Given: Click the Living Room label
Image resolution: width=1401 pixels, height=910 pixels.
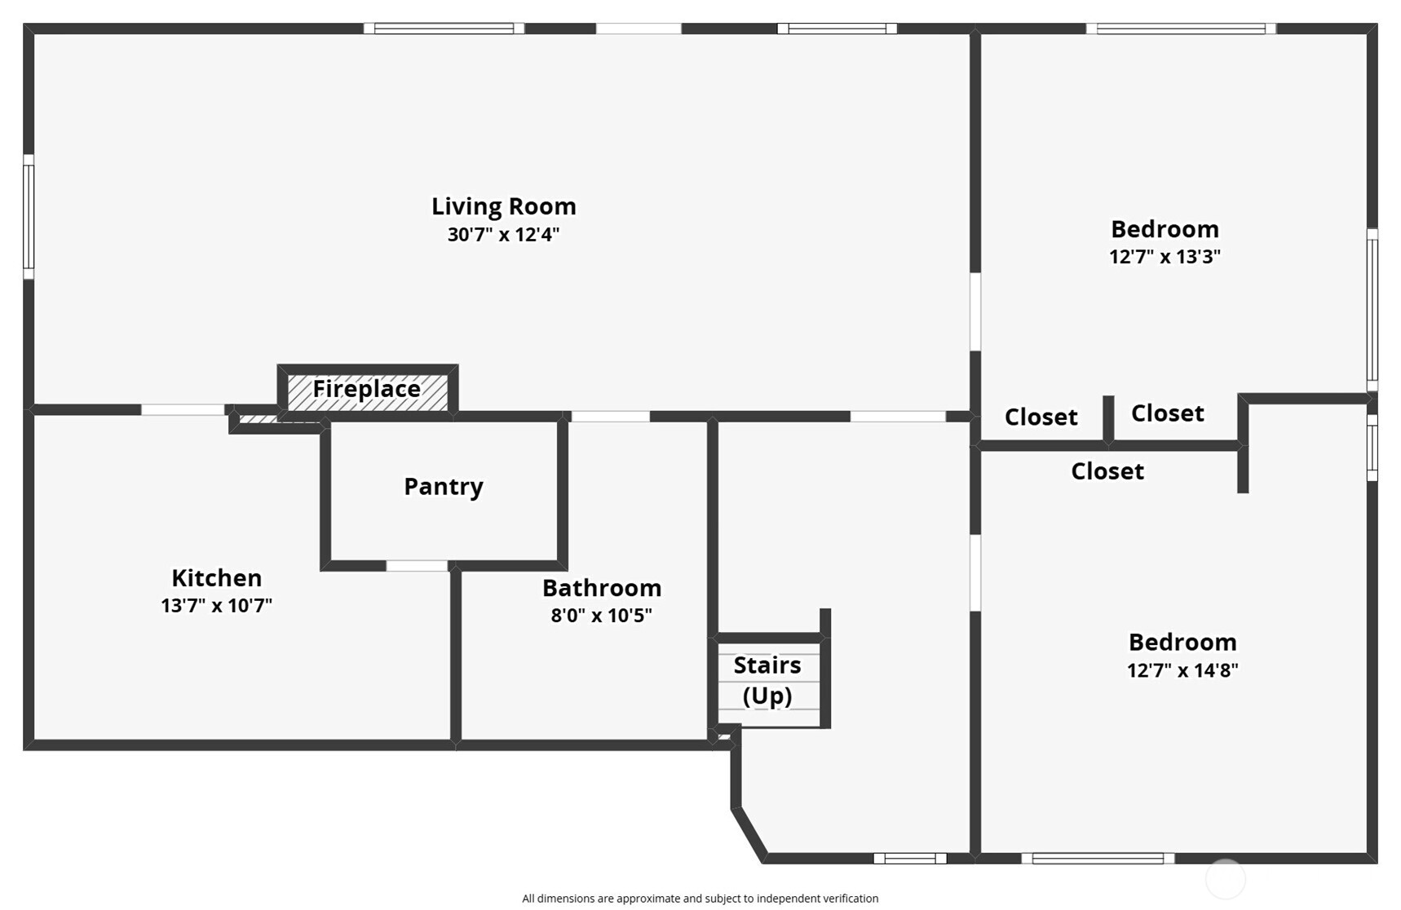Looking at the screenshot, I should pos(503,207).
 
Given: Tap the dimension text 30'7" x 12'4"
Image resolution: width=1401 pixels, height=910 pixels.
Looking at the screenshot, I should pos(503,235).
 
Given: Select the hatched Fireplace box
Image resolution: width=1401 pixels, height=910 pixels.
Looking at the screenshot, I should pos(367,390).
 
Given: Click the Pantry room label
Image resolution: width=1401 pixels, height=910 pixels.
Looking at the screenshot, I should pos(444,487).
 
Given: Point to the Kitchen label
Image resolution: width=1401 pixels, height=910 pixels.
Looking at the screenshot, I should pos(216,578).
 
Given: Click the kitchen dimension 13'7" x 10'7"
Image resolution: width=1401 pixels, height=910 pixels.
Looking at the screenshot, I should pos(216,606).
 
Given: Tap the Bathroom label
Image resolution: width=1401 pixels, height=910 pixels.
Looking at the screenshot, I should pos(601,588).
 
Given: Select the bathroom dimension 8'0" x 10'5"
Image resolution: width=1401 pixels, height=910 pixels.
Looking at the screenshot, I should pos(601,616).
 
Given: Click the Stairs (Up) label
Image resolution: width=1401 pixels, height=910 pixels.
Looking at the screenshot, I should pos(767,680).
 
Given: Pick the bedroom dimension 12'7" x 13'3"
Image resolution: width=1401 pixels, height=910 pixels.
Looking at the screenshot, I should pos(1165,257).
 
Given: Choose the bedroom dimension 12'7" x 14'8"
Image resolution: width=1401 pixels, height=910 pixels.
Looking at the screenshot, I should pos(1182,670).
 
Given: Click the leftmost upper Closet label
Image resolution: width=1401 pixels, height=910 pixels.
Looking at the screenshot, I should pos(1041,417).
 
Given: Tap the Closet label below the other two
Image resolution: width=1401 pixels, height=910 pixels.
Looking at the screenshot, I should pos(1107,471).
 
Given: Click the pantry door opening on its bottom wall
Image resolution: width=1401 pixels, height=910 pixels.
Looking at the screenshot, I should pos(417,565).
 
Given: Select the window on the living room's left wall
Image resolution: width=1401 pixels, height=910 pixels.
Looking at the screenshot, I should pos(29,216).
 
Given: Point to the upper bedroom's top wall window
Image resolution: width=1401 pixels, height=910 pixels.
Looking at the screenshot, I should pos(1181,29).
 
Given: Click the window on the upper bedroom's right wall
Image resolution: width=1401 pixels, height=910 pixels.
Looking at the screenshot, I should pos(1372,310).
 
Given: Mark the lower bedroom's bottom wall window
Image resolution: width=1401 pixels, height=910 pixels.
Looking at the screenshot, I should pos(1098,858).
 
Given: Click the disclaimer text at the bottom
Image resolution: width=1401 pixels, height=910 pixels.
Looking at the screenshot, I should pos(700,899).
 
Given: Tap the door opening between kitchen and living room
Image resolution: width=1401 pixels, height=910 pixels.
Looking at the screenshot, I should pos(183,409).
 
